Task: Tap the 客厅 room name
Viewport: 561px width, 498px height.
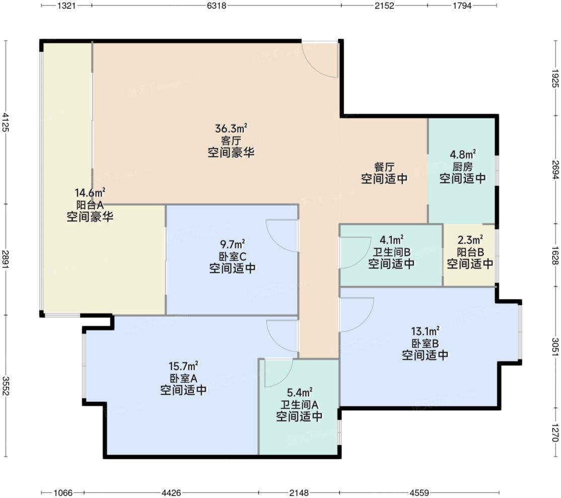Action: (231, 140)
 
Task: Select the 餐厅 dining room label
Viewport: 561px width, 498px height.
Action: (384, 166)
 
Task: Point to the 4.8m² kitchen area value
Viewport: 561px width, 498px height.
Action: (463, 155)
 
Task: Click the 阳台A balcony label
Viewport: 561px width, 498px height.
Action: (90, 205)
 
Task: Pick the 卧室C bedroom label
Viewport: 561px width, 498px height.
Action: (233, 256)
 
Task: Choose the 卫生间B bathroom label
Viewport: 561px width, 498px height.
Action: (391, 252)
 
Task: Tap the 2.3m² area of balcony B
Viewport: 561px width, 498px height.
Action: (470, 240)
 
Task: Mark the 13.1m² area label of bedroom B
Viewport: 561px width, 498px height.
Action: (425, 331)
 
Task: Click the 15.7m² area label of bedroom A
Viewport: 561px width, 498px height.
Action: (183, 366)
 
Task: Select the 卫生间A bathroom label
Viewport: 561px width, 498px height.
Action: (299, 405)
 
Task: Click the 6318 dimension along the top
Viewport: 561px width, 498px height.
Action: (217, 6)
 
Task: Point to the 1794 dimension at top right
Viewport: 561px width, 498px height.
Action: (462, 6)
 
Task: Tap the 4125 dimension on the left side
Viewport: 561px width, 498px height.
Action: (6, 122)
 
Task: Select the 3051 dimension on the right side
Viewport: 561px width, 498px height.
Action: (555, 346)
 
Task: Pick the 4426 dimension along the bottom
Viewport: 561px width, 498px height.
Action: (171, 493)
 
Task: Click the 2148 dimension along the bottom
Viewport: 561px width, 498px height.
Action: (299, 493)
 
